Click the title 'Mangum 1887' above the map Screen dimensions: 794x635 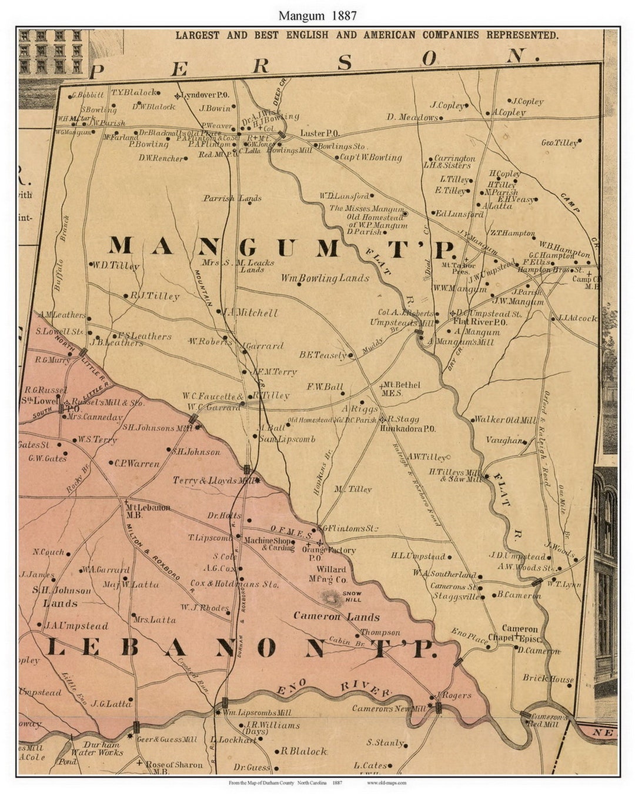pyautogui.click(x=317, y=15)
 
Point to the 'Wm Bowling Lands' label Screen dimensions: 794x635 pyautogui.click(x=325, y=278)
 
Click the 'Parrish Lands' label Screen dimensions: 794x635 pyautogui.click(x=232, y=199)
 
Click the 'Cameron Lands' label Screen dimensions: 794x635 pyautogui.click(x=336, y=616)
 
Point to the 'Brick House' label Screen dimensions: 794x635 pyautogui.click(x=547, y=678)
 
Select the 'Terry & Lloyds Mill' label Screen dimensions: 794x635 pyautogui.click(x=213, y=481)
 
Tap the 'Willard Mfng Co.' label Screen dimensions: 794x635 pyautogui.click(x=332, y=574)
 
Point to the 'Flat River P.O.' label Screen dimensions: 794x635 pyautogui.click(x=480, y=322)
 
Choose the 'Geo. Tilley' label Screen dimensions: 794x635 pyautogui.click(x=559, y=143)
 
